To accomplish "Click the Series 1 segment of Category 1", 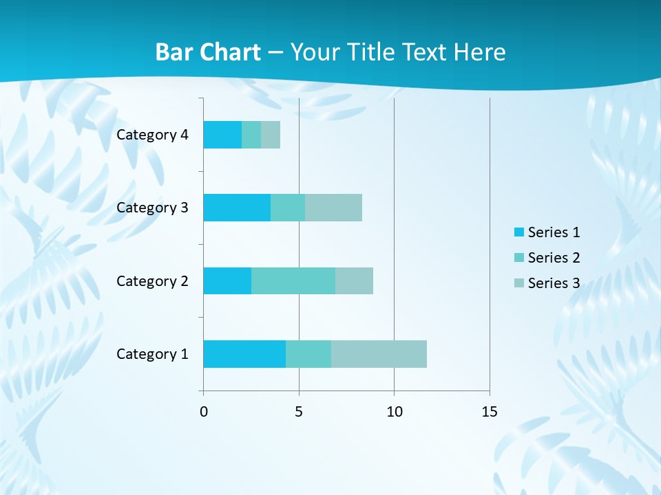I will click(x=244, y=353).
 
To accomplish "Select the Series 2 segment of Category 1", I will click(x=308, y=353).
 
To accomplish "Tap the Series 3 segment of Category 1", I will click(x=379, y=353).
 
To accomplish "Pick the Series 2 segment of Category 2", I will click(x=293, y=280).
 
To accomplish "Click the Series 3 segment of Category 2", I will click(x=354, y=280).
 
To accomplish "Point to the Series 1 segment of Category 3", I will click(x=237, y=207).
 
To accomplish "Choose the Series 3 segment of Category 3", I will click(x=333, y=207).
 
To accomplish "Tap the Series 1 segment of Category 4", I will click(x=222, y=135).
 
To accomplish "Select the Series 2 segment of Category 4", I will click(x=251, y=135).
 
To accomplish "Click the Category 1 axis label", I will click(x=152, y=354).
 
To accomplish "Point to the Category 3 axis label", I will click(x=152, y=208).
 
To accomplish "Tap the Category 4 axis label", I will click(x=152, y=135).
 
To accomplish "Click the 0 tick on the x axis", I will click(x=204, y=412).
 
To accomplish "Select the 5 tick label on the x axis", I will click(x=299, y=412).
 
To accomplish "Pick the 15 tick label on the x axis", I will click(x=489, y=412).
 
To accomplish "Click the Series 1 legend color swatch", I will click(x=518, y=232).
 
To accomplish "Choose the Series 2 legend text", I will click(x=554, y=258).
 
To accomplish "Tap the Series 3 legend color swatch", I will click(x=518, y=283).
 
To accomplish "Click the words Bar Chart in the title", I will click(x=208, y=52).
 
